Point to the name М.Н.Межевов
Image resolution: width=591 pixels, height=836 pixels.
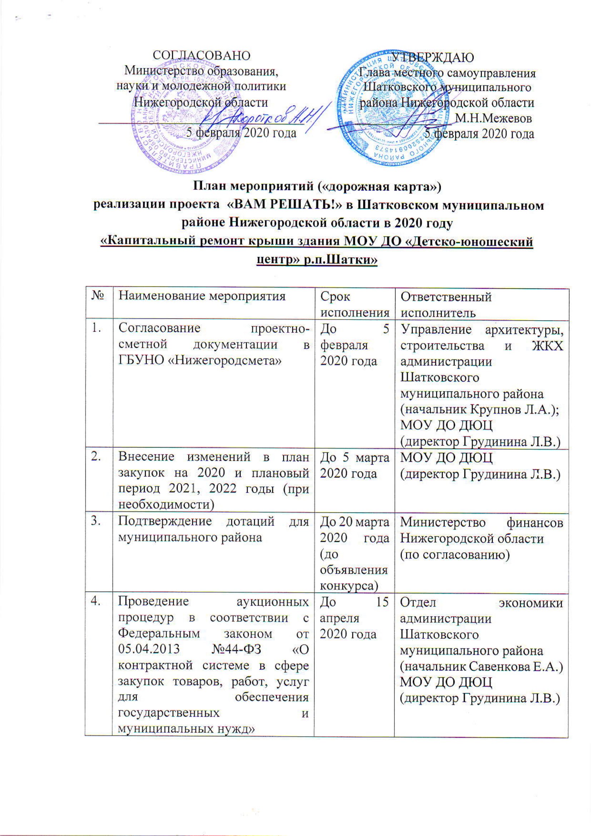pyautogui.click(x=493, y=118)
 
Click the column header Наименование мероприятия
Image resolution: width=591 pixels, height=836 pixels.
pyautogui.click(x=202, y=296)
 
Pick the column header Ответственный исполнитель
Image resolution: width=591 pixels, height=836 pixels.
pyautogui.click(x=446, y=305)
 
